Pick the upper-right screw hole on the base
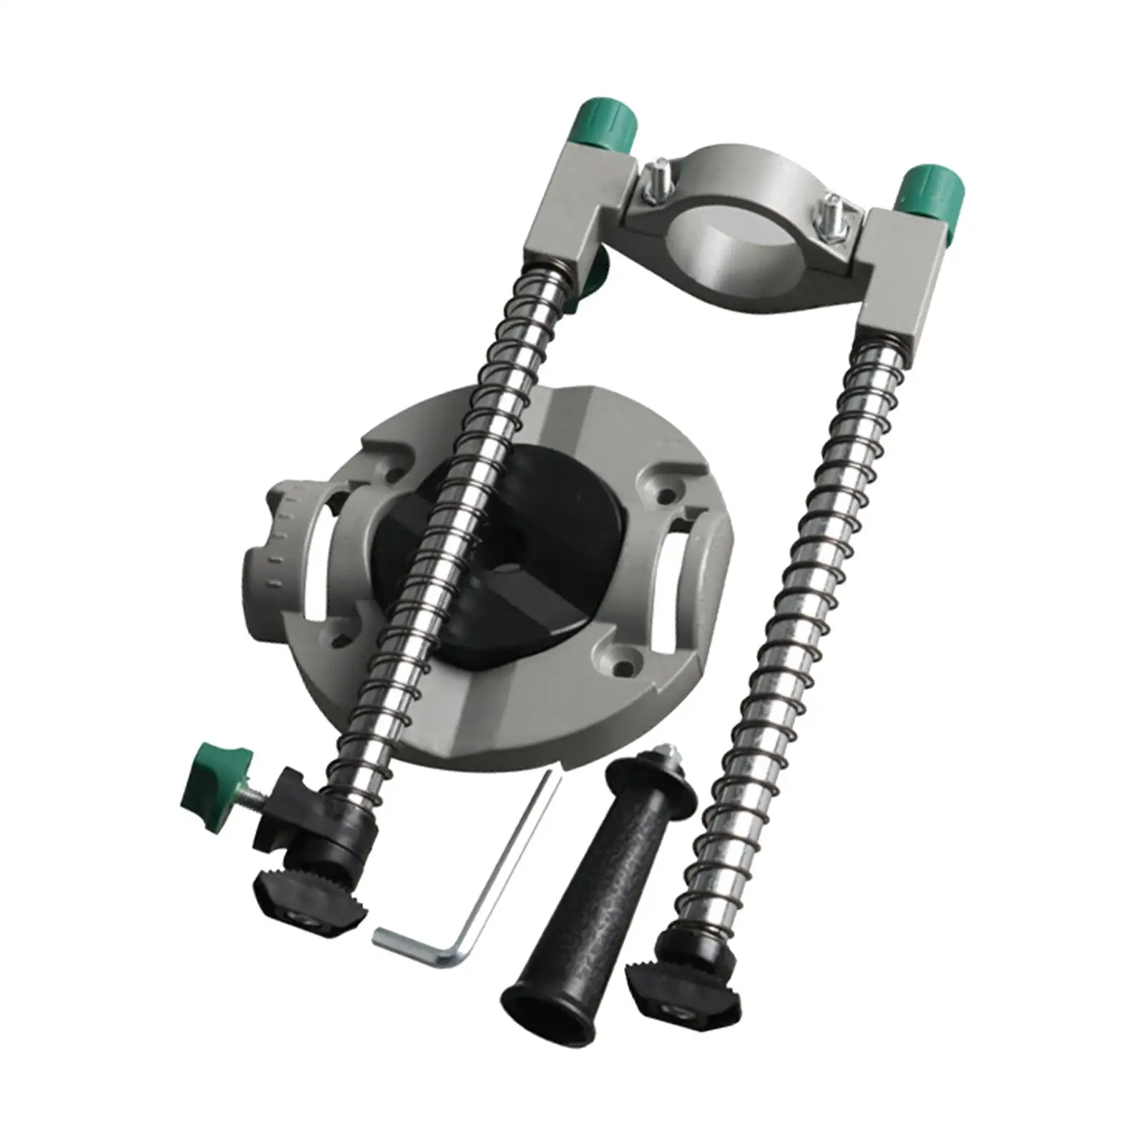coord(670,494)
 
